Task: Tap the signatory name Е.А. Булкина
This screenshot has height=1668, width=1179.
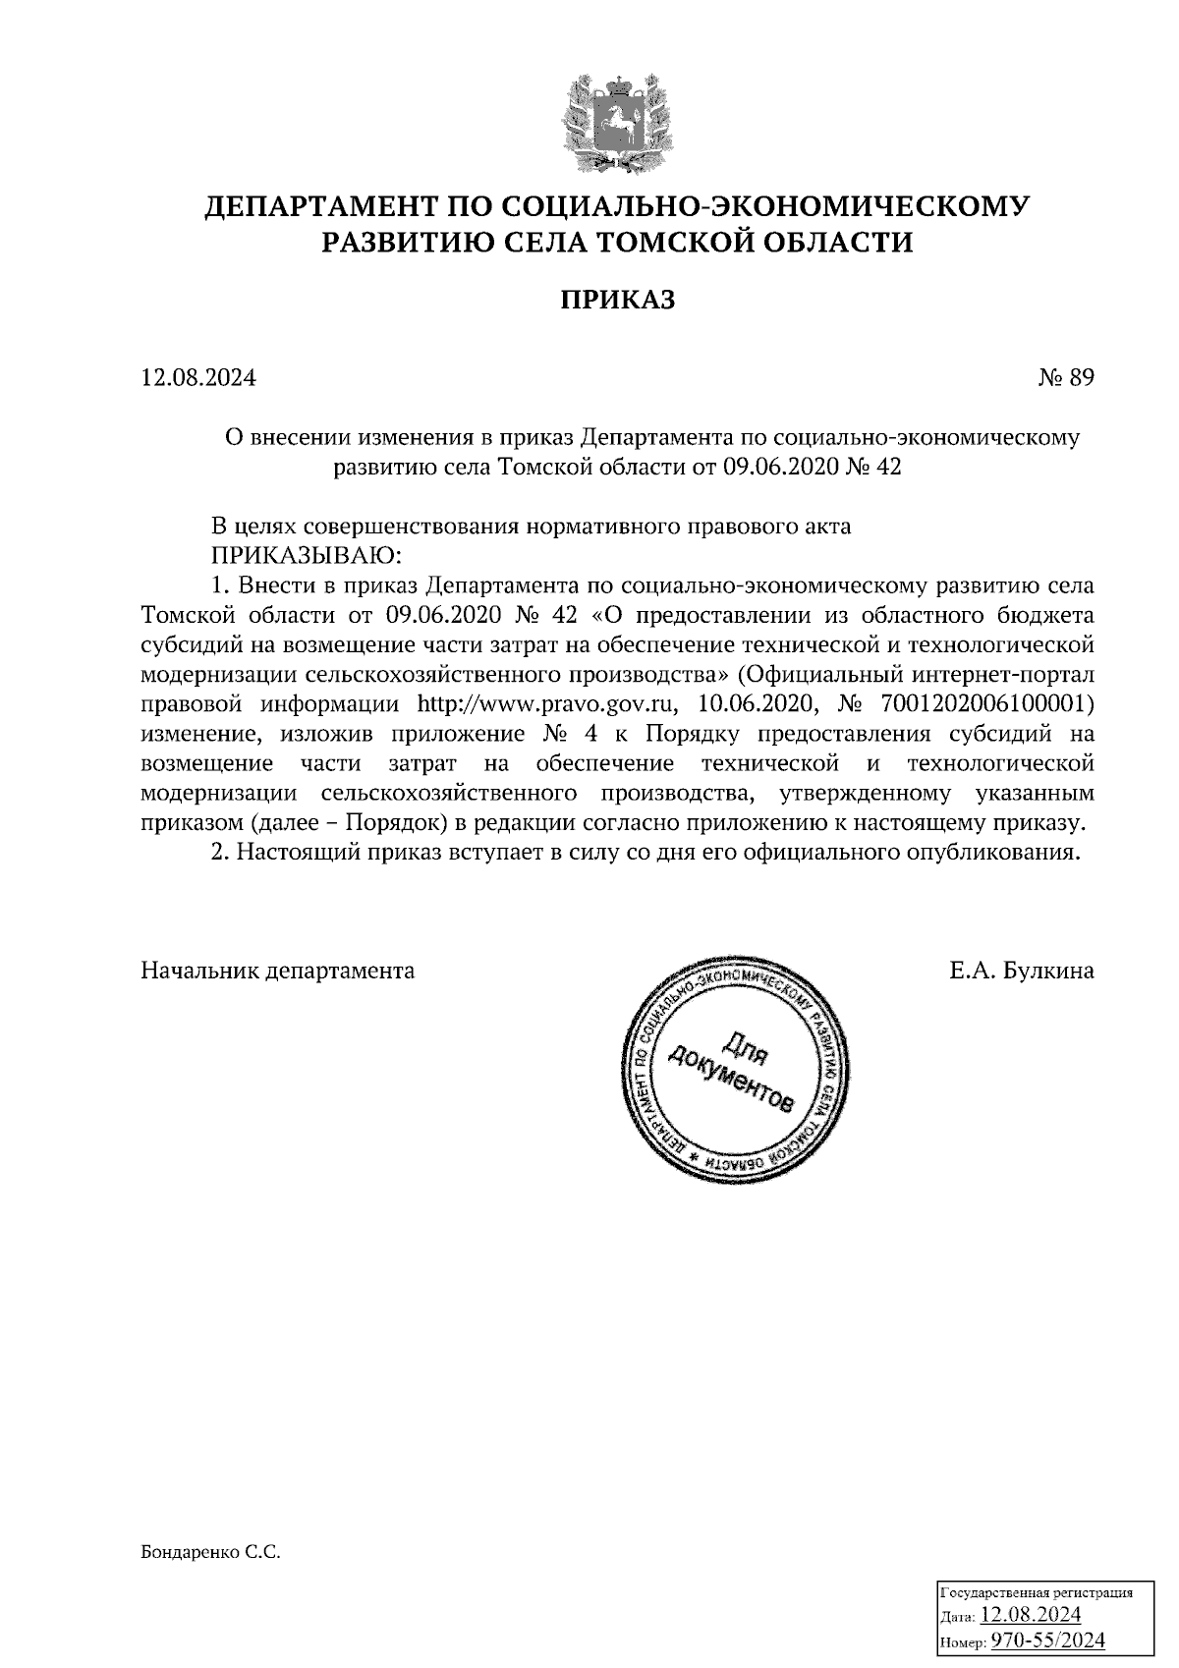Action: click(1022, 972)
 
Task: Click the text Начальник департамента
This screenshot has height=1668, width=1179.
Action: click(278, 972)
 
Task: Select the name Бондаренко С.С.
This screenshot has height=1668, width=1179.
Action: click(211, 1553)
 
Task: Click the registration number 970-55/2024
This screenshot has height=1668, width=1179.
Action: click(1047, 1641)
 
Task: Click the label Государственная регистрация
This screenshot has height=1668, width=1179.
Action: click(1038, 1591)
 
